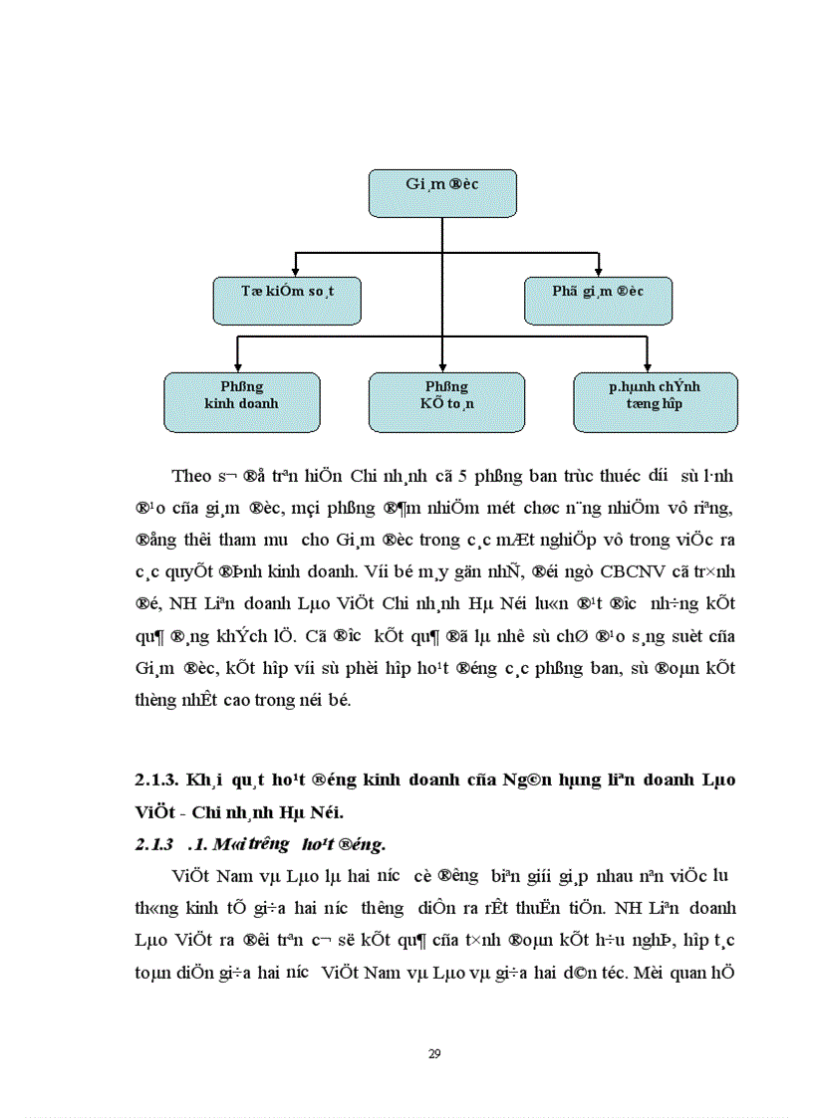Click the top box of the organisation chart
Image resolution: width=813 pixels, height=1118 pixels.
coord(442,193)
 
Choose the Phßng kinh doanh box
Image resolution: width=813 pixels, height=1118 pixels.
coord(241,402)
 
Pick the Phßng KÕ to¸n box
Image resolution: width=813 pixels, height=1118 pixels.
coord(442,402)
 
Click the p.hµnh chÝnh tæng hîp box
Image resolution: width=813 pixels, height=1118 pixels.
coord(655,402)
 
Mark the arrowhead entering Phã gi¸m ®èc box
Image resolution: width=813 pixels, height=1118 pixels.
coord(598,272)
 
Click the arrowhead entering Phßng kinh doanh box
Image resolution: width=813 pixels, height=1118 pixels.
coord(237,367)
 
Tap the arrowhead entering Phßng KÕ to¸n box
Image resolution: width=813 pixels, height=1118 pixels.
coord(442,367)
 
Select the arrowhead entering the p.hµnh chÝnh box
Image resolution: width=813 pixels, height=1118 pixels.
coord(648,367)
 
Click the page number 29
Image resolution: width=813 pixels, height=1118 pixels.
coord(433,1054)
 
